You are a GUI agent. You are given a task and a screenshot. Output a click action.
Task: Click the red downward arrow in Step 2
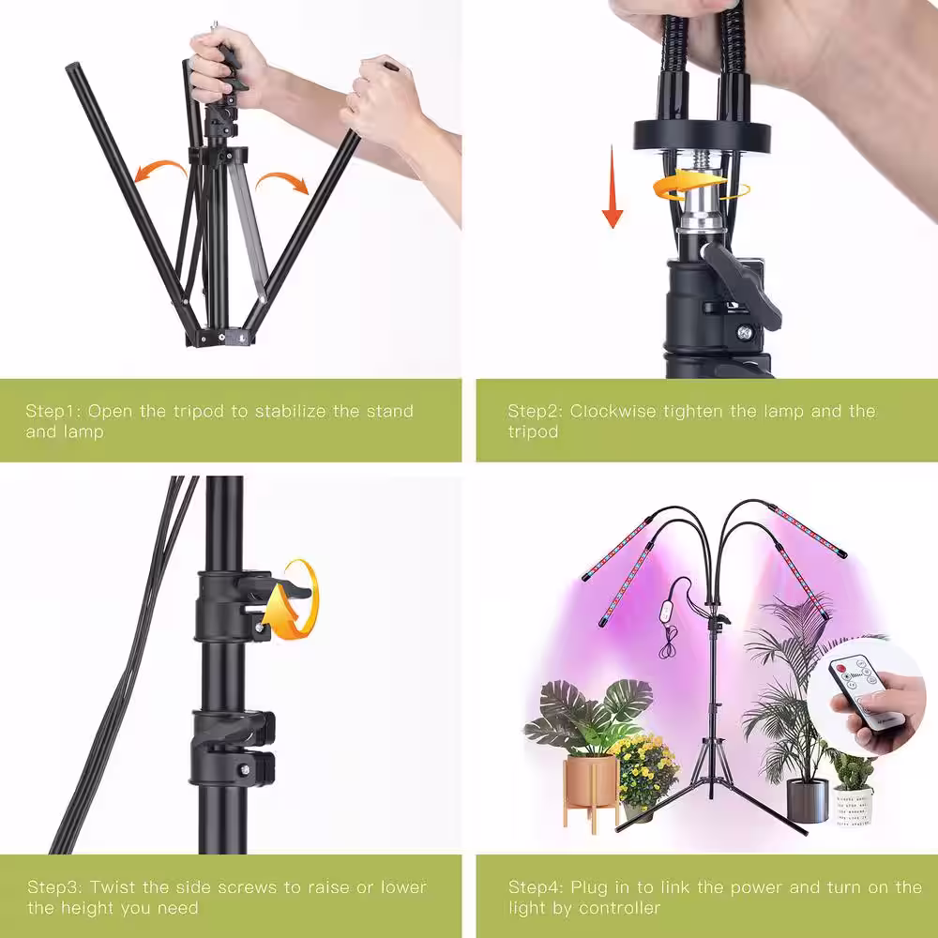tap(612, 187)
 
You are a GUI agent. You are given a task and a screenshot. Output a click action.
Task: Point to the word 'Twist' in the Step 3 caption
tap(113, 886)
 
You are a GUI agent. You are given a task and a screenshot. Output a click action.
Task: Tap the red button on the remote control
tap(840, 668)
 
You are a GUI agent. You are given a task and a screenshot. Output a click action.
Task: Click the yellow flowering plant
tap(645, 771)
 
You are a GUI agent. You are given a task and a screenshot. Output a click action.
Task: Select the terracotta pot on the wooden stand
tap(589, 781)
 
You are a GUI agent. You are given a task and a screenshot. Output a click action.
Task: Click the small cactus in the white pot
tap(853, 770)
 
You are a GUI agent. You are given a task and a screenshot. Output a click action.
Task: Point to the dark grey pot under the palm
tap(807, 800)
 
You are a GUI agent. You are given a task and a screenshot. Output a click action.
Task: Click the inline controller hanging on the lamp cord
tap(667, 612)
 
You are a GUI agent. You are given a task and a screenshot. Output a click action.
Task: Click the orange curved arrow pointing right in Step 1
tap(284, 181)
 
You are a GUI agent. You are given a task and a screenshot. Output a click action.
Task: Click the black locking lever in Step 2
tap(741, 281)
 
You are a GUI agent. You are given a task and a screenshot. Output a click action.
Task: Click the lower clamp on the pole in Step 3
tap(234, 748)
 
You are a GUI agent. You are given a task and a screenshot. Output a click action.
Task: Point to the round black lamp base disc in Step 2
tap(702, 135)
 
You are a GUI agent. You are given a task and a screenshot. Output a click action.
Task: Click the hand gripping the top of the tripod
tap(224, 65)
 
